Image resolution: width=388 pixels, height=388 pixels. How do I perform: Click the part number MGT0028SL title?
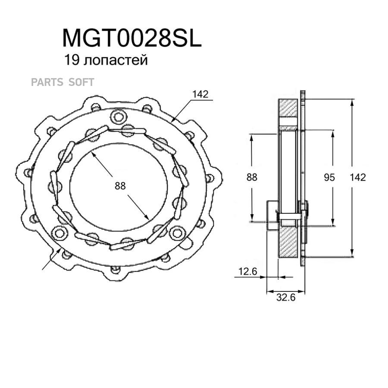tap(132, 38)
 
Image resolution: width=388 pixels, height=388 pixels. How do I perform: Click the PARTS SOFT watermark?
tap(63, 82)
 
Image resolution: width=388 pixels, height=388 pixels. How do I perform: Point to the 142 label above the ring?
tap(200, 94)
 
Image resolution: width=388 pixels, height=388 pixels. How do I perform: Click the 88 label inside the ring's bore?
tap(120, 186)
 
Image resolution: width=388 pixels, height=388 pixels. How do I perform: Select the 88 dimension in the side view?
tap(252, 177)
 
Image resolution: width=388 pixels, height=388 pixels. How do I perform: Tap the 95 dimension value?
tap(329, 177)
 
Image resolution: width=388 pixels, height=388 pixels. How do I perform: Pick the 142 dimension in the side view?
tap(357, 177)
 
